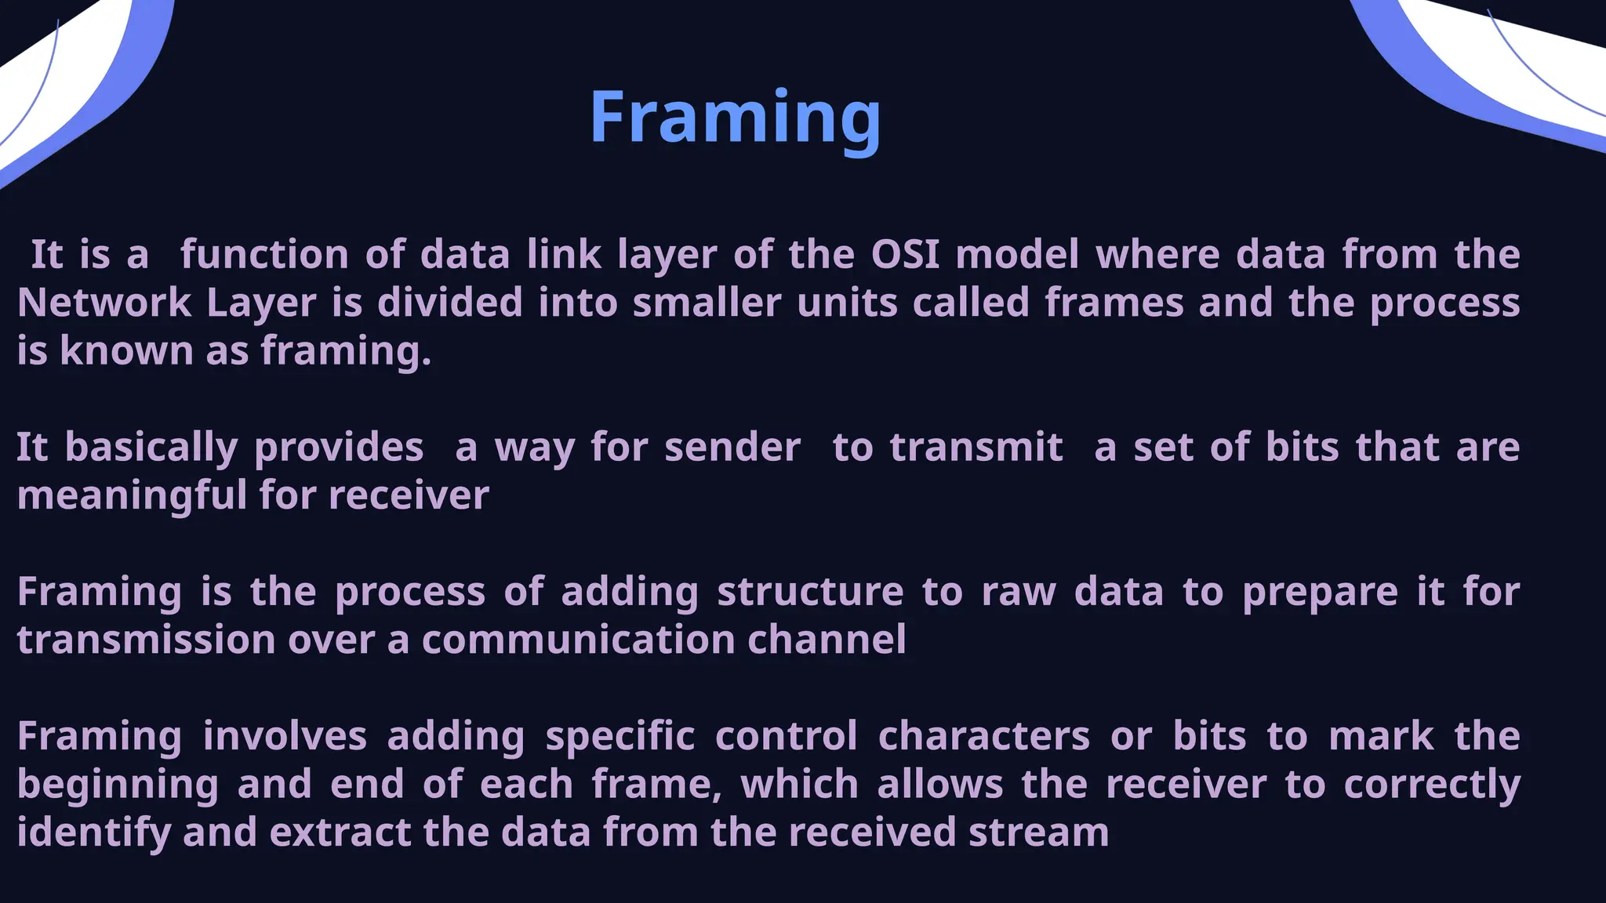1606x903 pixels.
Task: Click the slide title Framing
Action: click(x=735, y=118)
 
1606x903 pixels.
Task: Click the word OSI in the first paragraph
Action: click(x=905, y=254)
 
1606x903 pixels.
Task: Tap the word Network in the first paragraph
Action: click(x=104, y=303)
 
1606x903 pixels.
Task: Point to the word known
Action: click(x=126, y=350)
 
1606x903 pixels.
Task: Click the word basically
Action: click(x=151, y=448)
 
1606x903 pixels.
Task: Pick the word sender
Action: click(x=732, y=448)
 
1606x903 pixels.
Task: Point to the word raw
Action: click(x=1018, y=592)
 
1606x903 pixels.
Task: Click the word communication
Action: click(x=577, y=640)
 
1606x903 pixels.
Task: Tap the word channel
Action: click(x=827, y=640)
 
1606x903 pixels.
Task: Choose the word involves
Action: click(x=285, y=737)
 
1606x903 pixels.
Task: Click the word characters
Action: click(x=983, y=737)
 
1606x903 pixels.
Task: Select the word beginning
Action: click(x=118, y=785)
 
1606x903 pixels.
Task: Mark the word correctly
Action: click(x=1432, y=785)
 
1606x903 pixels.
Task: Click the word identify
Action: click(x=93, y=833)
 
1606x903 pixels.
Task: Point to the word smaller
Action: click(x=707, y=303)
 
